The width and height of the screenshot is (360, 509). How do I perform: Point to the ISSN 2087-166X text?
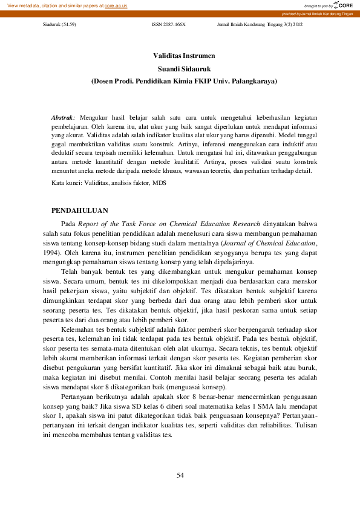(x=168, y=27)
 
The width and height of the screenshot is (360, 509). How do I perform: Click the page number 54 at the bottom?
(x=180, y=475)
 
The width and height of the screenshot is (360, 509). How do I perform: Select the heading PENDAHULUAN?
(x=80, y=210)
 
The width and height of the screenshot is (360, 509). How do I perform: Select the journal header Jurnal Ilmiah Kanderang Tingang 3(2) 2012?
(x=259, y=27)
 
